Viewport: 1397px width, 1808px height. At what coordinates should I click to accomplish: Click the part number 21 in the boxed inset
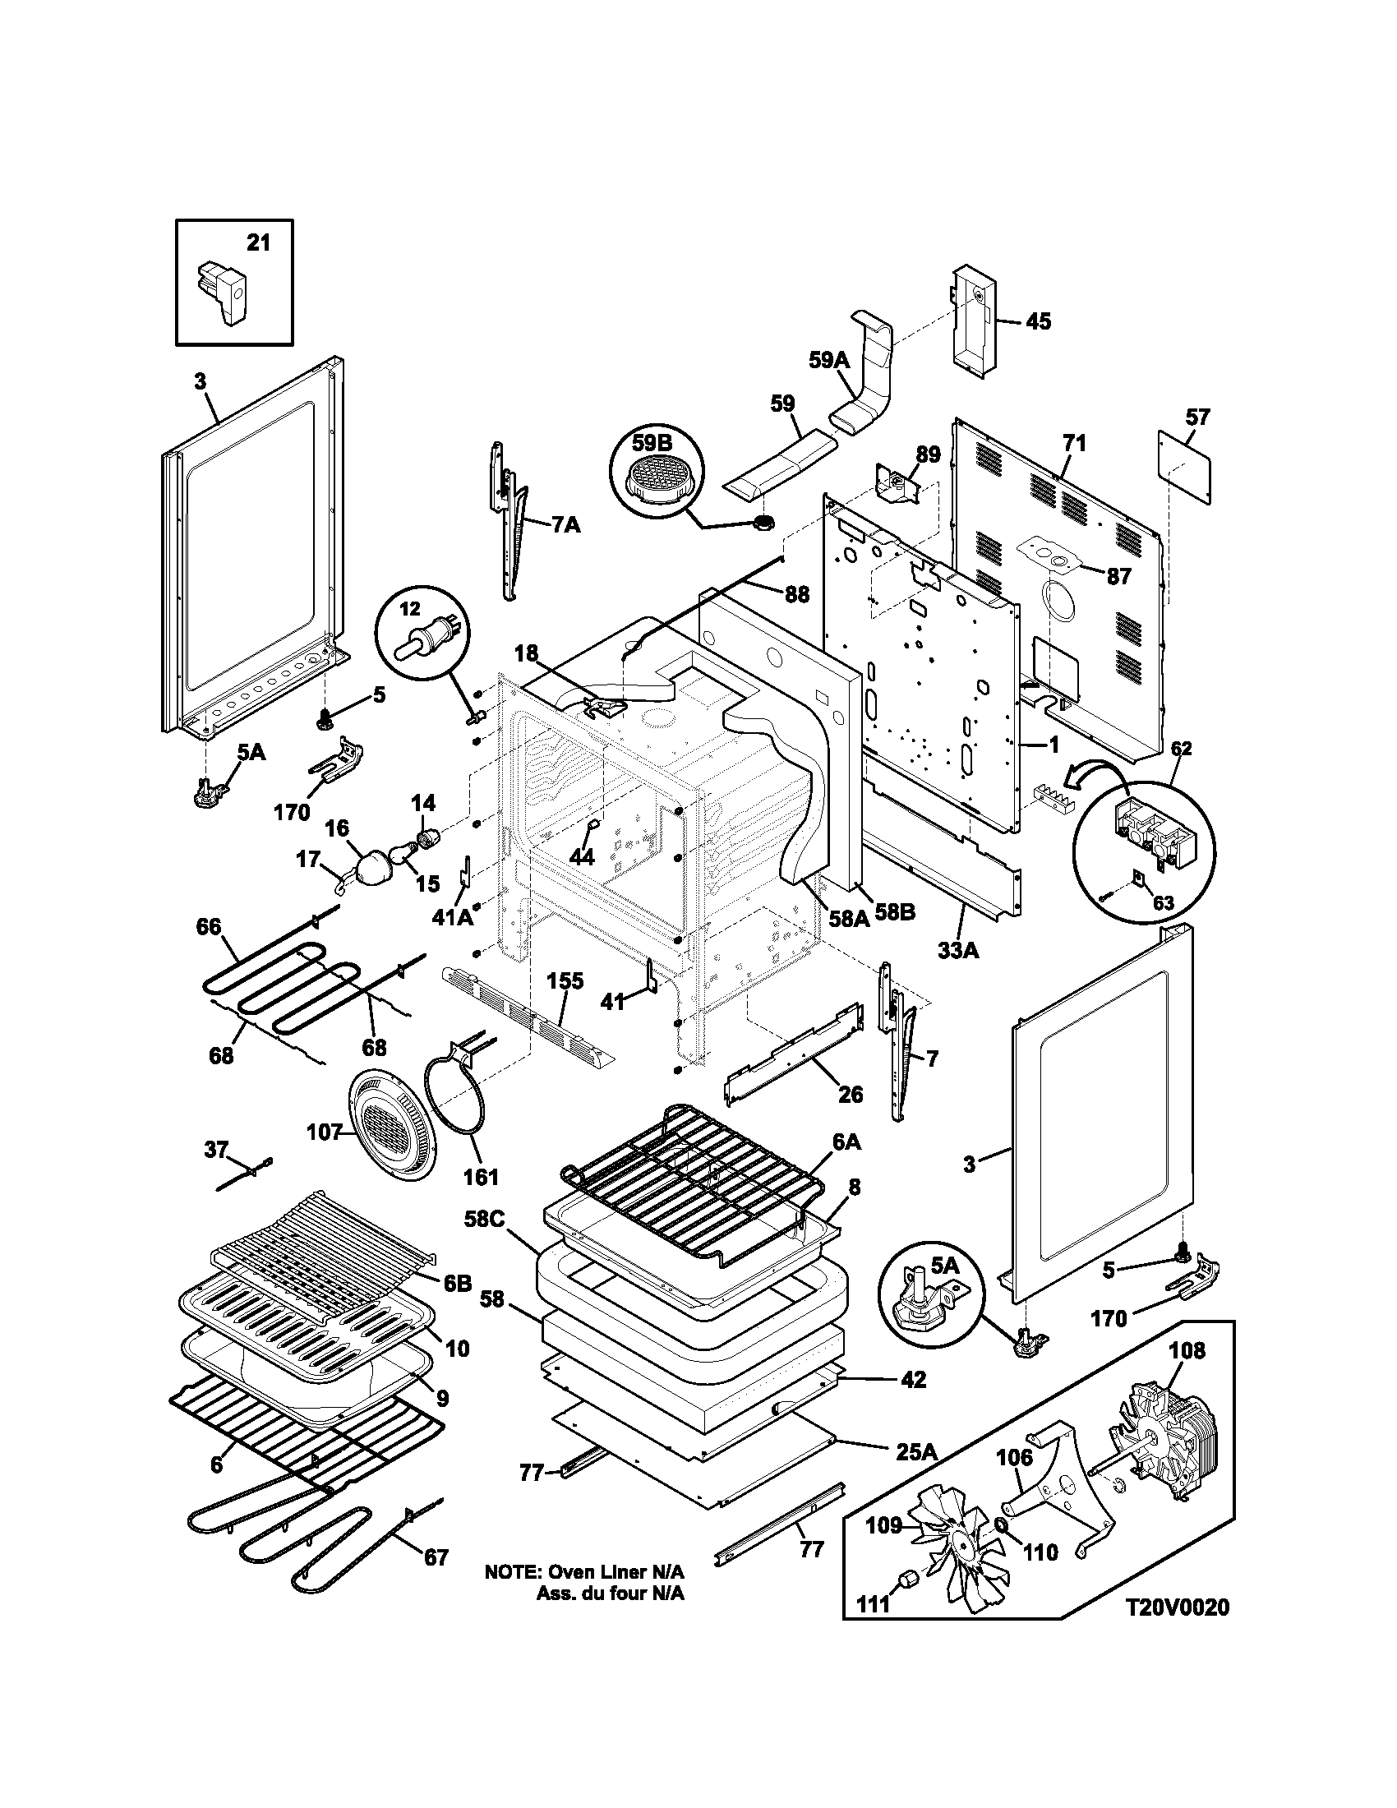[258, 243]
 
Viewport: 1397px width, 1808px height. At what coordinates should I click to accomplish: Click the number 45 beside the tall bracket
[1038, 321]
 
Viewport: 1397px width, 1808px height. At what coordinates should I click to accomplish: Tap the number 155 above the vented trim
[565, 982]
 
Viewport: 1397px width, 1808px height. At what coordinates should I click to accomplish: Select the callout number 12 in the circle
[412, 609]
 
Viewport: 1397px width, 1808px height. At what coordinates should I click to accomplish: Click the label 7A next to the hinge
[565, 524]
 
